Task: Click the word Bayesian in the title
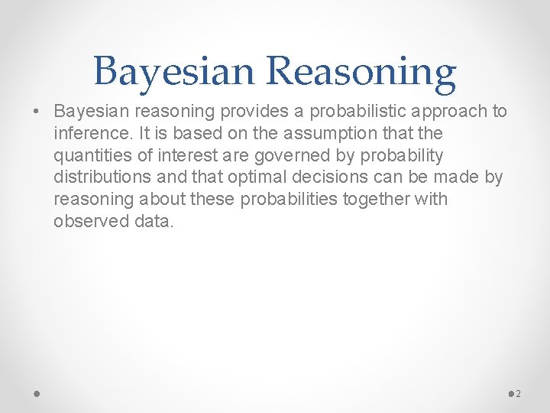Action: (176, 72)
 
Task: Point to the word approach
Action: (445, 112)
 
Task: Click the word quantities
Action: (92, 156)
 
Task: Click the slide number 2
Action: (519, 394)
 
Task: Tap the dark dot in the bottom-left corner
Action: (37, 393)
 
